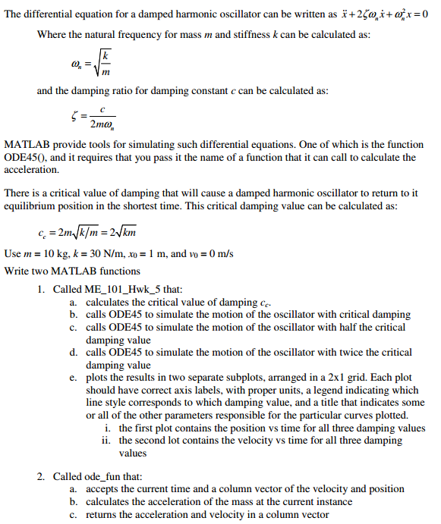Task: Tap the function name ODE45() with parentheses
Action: tap(26, 158)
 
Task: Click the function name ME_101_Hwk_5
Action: tap(121, 290)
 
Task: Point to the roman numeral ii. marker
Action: tap(106, 441)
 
